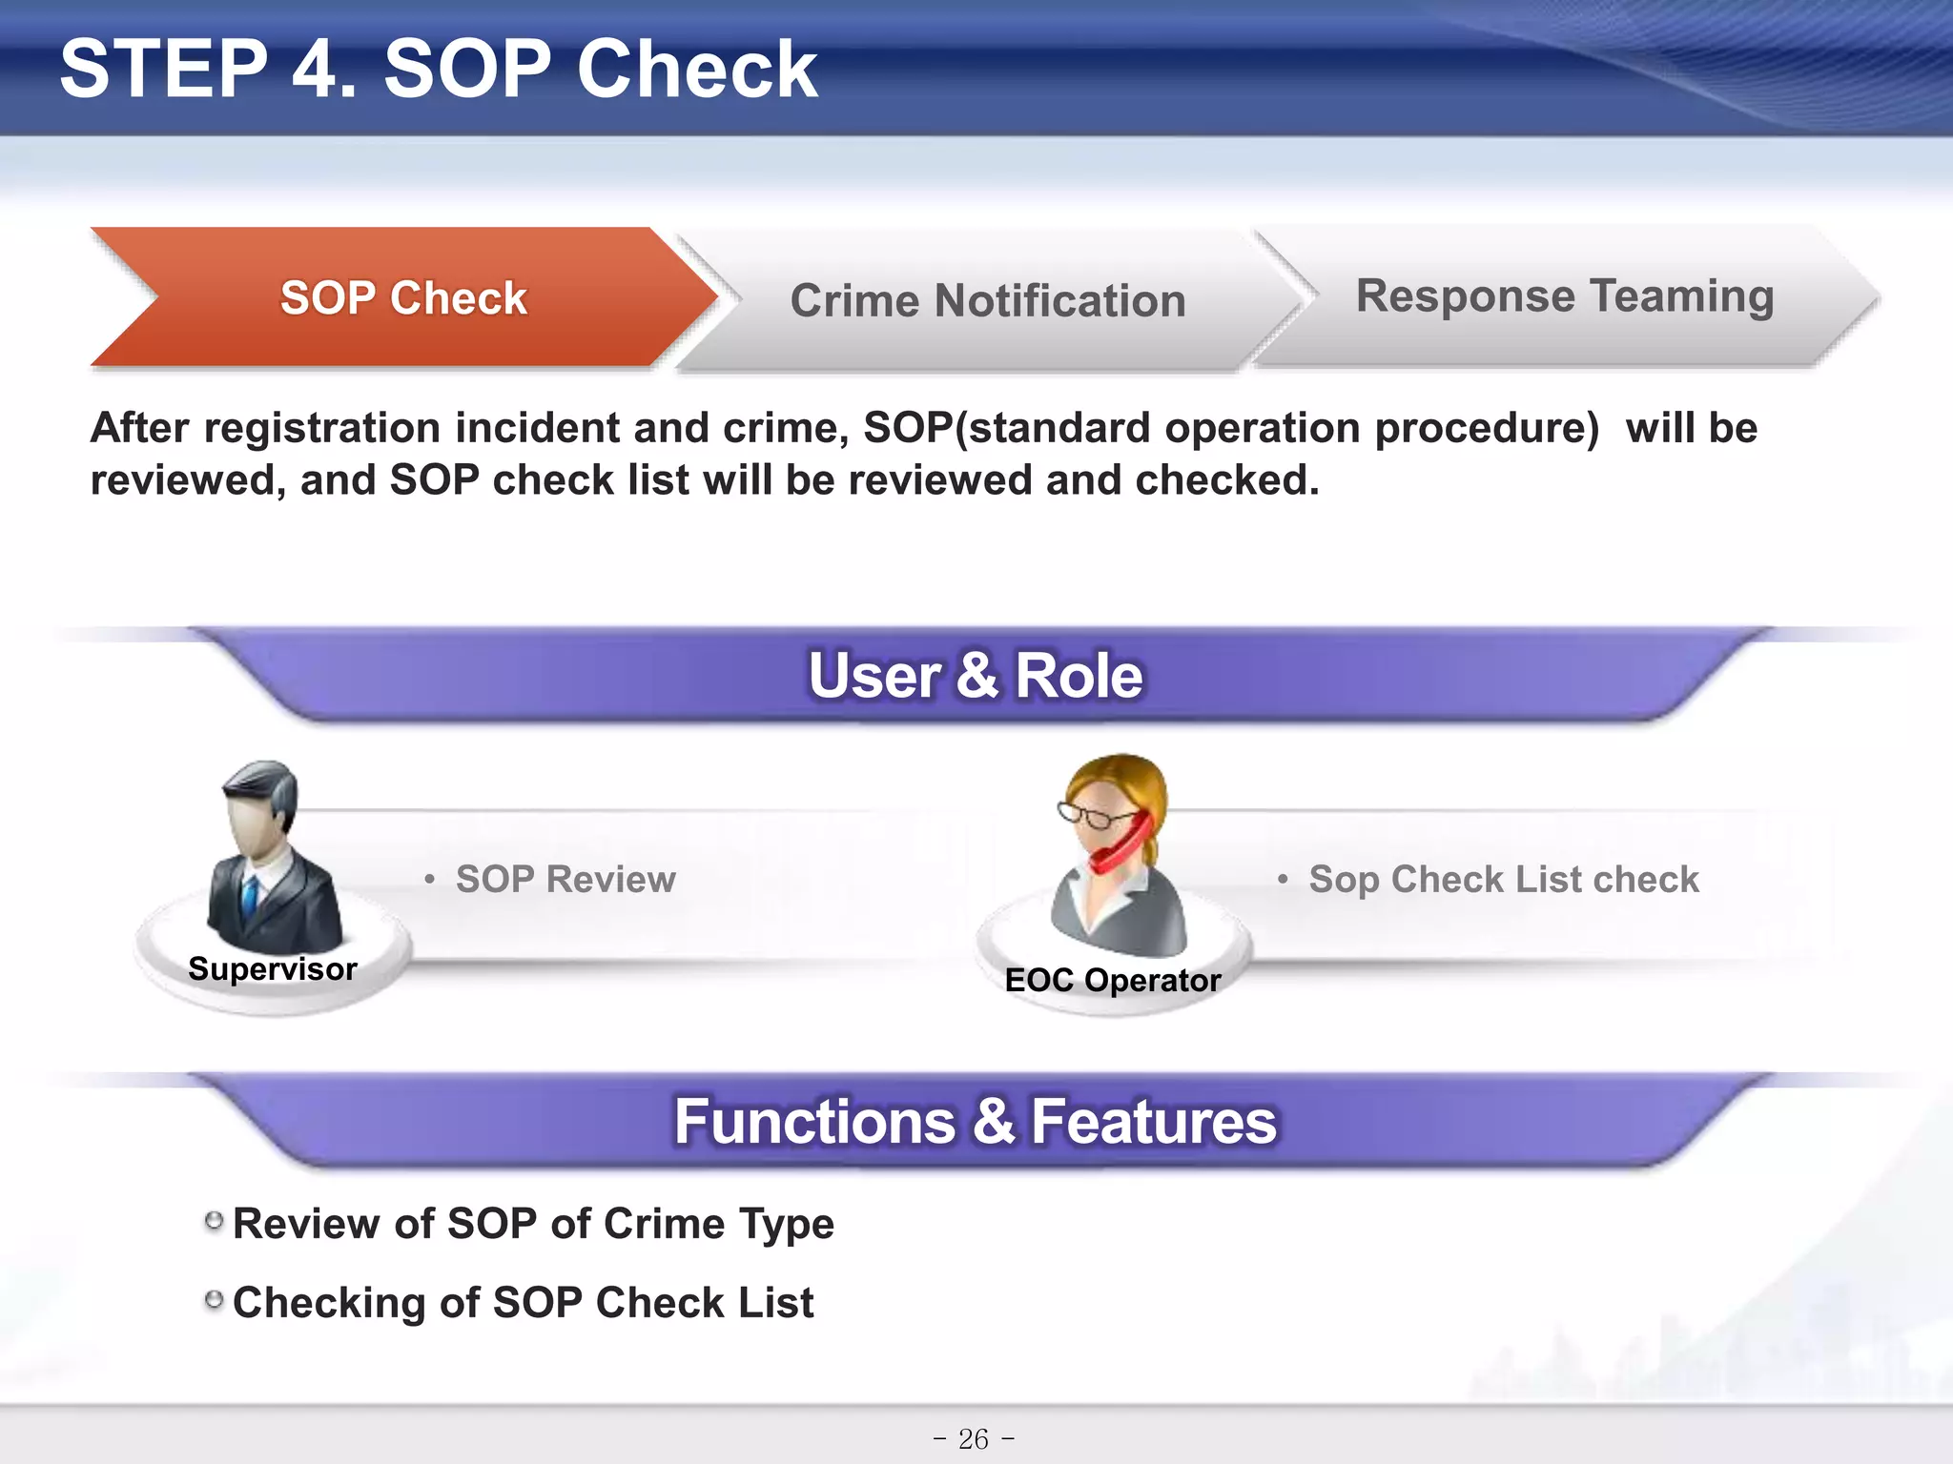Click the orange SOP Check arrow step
click(402, 298)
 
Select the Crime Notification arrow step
click(987, 301)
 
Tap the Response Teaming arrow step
click(1564, 296)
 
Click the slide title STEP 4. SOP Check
click(438, 69)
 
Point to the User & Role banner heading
click(975, 676)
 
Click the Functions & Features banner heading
click(975, 1122)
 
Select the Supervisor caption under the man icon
click(273, 969)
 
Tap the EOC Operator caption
click(1113, 981)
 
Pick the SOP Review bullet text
click(565, 879)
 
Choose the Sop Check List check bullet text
click(1503, 879)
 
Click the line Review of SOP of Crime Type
click(533, 1224)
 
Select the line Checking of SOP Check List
click(523, 1303)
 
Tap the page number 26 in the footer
click(974, 1438)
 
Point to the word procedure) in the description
click(1487, 428)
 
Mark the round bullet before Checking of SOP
click(215, 1299)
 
